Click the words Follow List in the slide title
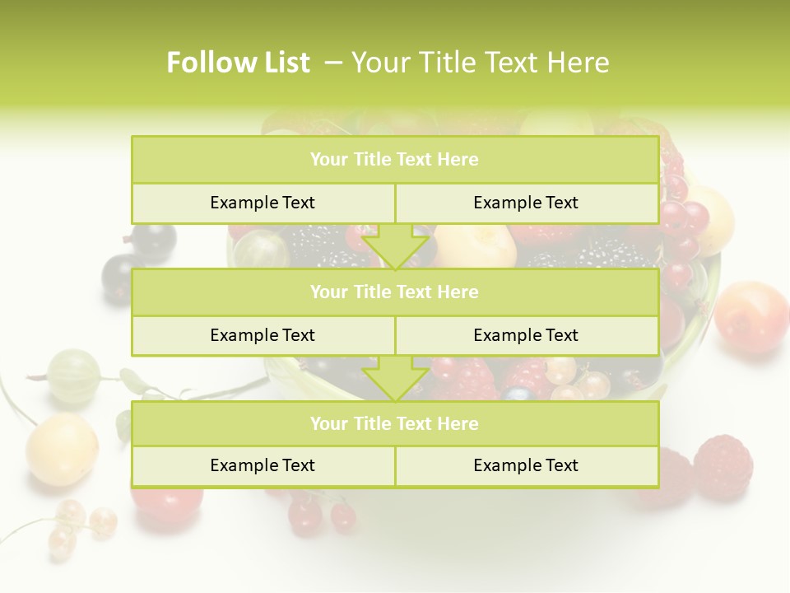(238, 63)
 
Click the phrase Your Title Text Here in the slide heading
(481, 63)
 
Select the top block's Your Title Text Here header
(394, 160)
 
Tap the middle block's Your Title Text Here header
(394, 292)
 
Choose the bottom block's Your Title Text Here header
(394, 423)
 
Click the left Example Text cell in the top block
(263, 203)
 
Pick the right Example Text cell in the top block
(526, 203)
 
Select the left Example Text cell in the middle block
(263, 335)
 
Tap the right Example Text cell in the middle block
(526, 335)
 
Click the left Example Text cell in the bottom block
(263, 465)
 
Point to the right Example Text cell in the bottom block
(526, 465)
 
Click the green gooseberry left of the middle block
(74, 376)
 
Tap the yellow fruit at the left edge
(62, 449)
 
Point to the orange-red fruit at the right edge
(751, 317)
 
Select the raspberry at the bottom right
(723, 467)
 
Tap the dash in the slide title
(333, 63)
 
